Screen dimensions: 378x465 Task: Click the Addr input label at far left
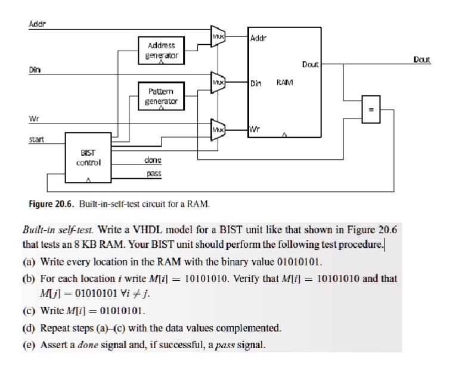pyautogui.click(x=38, y=23)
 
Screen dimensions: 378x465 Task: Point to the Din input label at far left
pyautogui.click(x=35, y=69)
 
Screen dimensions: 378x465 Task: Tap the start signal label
pyautogui.click(x=37, y=140)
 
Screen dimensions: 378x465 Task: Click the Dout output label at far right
pyautogui.click(x=421, y=60)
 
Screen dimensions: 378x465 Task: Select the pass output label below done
pyautogui.click(x=154, y=174)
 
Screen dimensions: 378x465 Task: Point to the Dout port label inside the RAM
pyautogui.click(x=310, y=64)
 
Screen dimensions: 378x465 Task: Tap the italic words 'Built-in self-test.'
pyautogui.click(x=58, y=229)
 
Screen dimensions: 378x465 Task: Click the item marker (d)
pyautogui.click(x=30, y=327)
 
